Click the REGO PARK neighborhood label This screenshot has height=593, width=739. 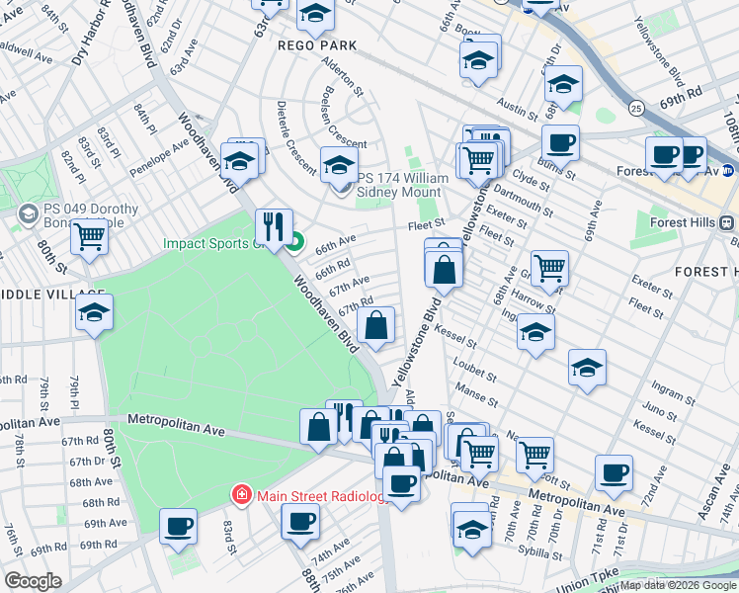coord(317,46)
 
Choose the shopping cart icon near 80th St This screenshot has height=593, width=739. coord(89,236)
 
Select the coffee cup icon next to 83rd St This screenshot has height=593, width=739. coord(178,525)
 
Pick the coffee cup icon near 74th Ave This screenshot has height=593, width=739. coord(300,520)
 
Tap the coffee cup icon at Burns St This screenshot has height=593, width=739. coord(560,142)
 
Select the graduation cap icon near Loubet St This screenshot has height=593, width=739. coord(586,367)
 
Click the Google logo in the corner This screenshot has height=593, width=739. coord(33,581)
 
